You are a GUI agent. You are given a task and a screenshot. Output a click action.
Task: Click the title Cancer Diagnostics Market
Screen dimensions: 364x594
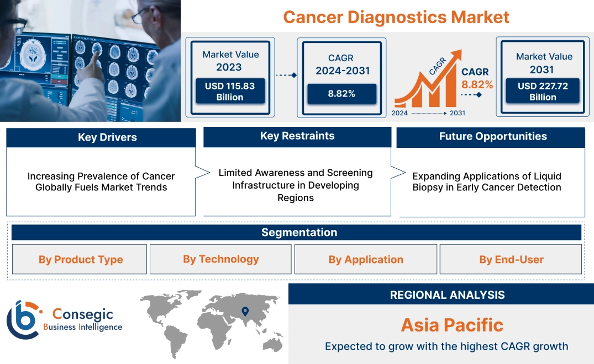coord(396,17)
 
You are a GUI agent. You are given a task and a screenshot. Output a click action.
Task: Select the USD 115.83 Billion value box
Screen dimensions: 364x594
coord(229,92)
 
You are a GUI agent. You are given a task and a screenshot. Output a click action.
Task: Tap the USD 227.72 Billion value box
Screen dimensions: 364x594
coord(543,92)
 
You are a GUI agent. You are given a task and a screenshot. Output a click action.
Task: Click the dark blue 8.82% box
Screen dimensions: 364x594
coord(341,94)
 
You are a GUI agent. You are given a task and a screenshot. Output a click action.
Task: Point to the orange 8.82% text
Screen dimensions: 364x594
coord(477,85)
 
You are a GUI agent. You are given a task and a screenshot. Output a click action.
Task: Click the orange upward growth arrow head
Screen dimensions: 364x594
coord(457,54)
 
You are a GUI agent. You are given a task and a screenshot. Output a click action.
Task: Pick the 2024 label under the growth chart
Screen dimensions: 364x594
coord(400,113)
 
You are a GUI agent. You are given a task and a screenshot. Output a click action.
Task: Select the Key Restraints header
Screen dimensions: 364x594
coord(297,136)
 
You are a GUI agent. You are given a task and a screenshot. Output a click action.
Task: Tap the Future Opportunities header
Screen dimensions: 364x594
coord(493,137)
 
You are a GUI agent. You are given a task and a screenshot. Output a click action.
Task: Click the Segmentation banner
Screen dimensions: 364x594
coord(299,232)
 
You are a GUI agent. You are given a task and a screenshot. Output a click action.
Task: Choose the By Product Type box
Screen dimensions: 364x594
coord(80,260)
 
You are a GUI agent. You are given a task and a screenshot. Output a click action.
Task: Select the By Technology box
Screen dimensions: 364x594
coord(220,259)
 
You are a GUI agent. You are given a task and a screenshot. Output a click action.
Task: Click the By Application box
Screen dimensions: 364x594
coord(366,260)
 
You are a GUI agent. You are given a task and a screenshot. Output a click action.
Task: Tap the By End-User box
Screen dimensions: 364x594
coord(511,260)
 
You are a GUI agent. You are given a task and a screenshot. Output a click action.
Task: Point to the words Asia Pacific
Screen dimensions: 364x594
coord(452,325)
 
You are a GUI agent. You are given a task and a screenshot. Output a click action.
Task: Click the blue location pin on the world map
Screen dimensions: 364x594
coord(245,313)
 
